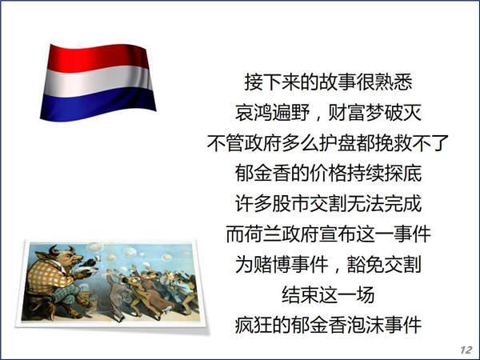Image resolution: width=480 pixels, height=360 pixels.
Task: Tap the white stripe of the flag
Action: tap(101, 80)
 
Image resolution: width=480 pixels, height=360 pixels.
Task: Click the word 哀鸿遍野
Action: tap(278, 113)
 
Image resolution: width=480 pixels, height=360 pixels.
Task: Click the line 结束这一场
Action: tap(328, 295)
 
